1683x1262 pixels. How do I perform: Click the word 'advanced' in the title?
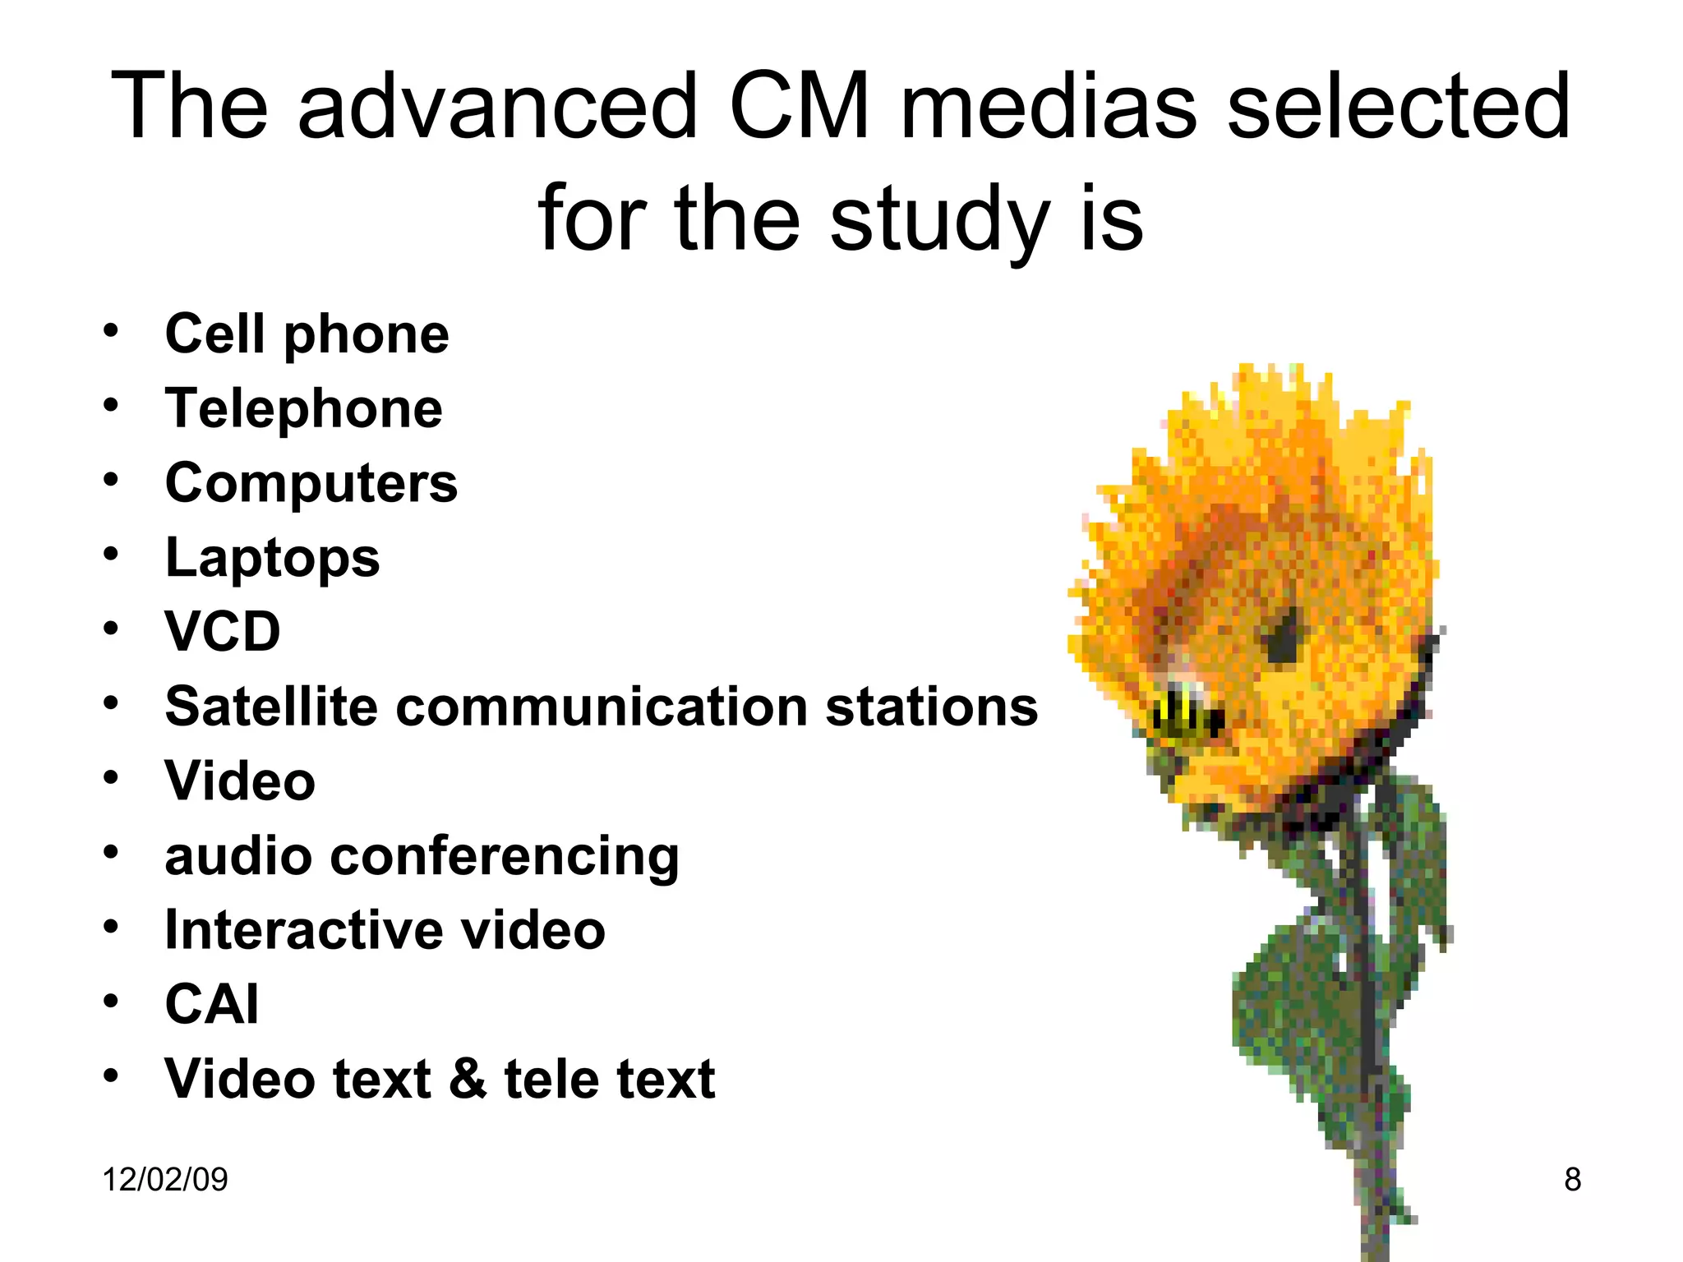[x=497, y=107]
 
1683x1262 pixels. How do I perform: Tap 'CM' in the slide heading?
[x=799, y=107]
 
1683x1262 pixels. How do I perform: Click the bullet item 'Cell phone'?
[x=307, y=334]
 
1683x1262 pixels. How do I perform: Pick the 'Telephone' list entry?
[x=303, y=408]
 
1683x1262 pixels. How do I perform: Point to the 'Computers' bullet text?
[x=311, y=483]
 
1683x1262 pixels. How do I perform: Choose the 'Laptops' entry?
[x=272, y=558]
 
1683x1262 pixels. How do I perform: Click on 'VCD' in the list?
[x=223, y=632]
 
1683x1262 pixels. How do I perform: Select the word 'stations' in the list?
[x=932, y=707]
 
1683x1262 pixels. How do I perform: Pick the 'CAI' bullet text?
[x=212, y=1004]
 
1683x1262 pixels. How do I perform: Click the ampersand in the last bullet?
[x=468, y=1078]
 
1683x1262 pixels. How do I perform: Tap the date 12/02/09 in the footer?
[x=165, y=1180]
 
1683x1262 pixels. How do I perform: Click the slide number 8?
[x=1572, y=1180]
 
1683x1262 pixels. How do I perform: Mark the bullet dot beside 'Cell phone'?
[x=111, y=331]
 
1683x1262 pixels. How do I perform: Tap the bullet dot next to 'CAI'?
[x=111, y=1002]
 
